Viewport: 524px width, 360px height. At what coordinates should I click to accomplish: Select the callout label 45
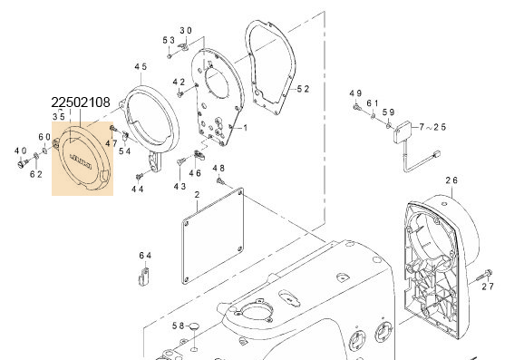(140, 68)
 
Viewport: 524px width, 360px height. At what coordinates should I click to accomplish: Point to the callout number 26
(452, 180)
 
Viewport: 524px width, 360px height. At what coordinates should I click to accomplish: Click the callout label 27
(488, 287)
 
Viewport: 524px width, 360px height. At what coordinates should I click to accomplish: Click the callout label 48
(218, 169)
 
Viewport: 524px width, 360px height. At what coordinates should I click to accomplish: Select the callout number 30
(186, 30)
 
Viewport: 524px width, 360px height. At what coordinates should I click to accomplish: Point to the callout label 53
(169, 41)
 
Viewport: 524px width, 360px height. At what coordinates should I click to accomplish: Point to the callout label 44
(138, 190)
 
